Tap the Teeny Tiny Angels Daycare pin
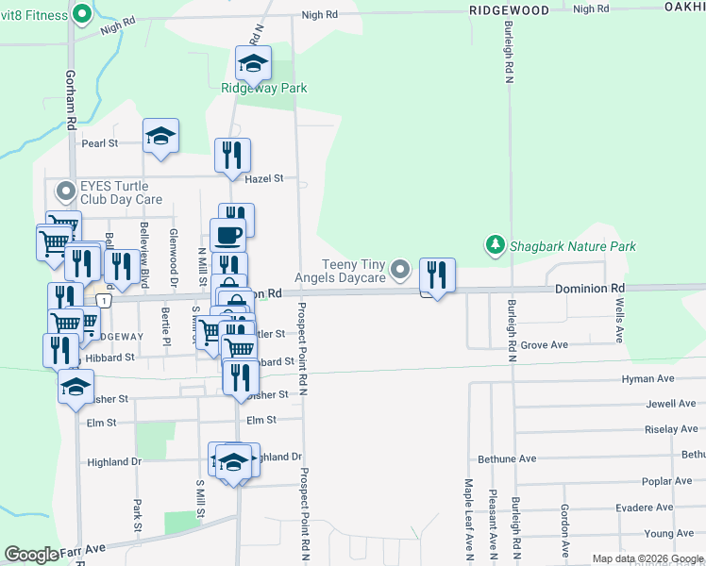(401, 271)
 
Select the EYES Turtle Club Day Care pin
(65, 192)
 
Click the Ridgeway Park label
(264, 89)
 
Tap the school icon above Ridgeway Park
(252, 63)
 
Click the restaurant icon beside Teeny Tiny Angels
(437, 274)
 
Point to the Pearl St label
(99, 144)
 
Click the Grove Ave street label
(544, 345)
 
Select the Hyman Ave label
(647, 378)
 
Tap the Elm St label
(261, 420)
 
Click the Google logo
(31, 555)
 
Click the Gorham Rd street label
(71, 99)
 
